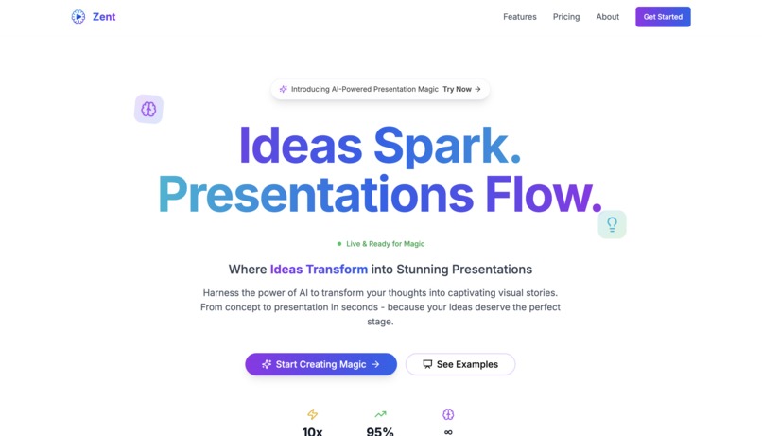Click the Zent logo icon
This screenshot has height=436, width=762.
[x=78, y=17]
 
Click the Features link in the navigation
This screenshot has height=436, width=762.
[x=519, y=17]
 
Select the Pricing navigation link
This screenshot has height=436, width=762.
[x=566, y=17]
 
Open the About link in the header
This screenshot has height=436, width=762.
[x=608, y=17]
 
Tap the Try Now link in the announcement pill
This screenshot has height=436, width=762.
[x=462, y=89]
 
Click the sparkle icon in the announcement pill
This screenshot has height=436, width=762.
[x=284, y=89]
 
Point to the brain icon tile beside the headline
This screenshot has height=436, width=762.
[x=148, y=109]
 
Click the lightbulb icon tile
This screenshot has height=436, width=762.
[x=612, y=224]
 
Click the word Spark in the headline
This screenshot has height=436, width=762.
[x=446, y=148]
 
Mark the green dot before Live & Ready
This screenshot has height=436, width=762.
[x=339, y=244]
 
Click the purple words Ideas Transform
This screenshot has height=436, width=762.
[x=319, y=270]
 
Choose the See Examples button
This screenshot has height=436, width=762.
[x=460, y=364]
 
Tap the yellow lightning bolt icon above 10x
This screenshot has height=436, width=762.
[x=313, y=414]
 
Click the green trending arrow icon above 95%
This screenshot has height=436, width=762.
[x=380, y=414]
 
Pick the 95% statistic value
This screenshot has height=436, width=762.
[x=380, y=431]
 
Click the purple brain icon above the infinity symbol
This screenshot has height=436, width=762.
[x=448, y=414]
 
